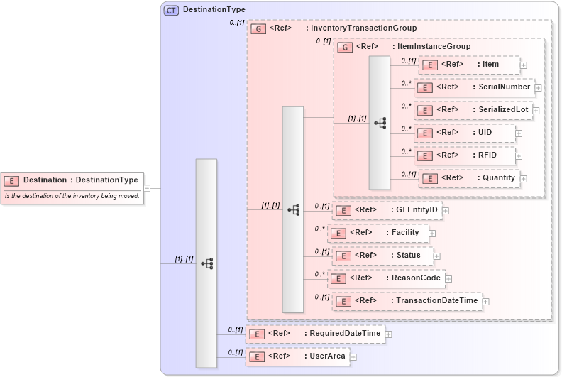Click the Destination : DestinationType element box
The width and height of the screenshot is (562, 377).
(72, 180)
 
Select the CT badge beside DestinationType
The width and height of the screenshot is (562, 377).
(171, 10)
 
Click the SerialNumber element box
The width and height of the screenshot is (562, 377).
(474, 87)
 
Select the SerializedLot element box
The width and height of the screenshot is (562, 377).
(473, 110)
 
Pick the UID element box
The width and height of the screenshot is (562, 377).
(465, 133)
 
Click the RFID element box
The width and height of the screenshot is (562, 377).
(465, 155)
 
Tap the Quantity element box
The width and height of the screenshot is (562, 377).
(469, 178)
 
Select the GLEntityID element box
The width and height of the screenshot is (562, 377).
(387, 210)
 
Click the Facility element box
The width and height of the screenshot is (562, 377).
(378, 233)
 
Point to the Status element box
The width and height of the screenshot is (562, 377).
(382, 256)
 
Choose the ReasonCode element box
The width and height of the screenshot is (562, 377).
(386, 278)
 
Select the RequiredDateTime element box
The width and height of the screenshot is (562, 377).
(315, 334)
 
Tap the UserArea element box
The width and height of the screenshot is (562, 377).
(297, 356)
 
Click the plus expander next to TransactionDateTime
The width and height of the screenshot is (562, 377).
(486, 302)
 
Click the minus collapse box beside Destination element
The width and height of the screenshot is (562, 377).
(147, 188)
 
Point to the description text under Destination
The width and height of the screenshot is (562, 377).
(72, 196)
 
